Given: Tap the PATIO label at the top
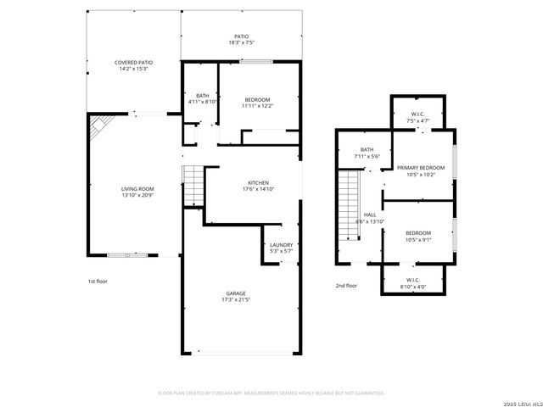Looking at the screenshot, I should pos(242,36).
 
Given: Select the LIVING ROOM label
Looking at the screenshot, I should pos(137,189).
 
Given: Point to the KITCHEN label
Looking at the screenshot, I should pos(259,183).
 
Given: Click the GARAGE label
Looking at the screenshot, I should pos(236,293).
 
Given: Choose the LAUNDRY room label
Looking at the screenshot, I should pos(280,245).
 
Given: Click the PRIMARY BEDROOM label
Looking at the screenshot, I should pos(420,169).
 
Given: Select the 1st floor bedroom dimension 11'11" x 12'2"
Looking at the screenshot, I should pos(258,106).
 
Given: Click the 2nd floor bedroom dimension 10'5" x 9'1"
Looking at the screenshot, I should pos(417,239).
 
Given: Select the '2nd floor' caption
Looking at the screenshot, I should pos(346,286).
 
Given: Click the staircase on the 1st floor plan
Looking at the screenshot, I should pos(194,186).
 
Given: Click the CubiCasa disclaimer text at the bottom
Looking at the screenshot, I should pos(271,393).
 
